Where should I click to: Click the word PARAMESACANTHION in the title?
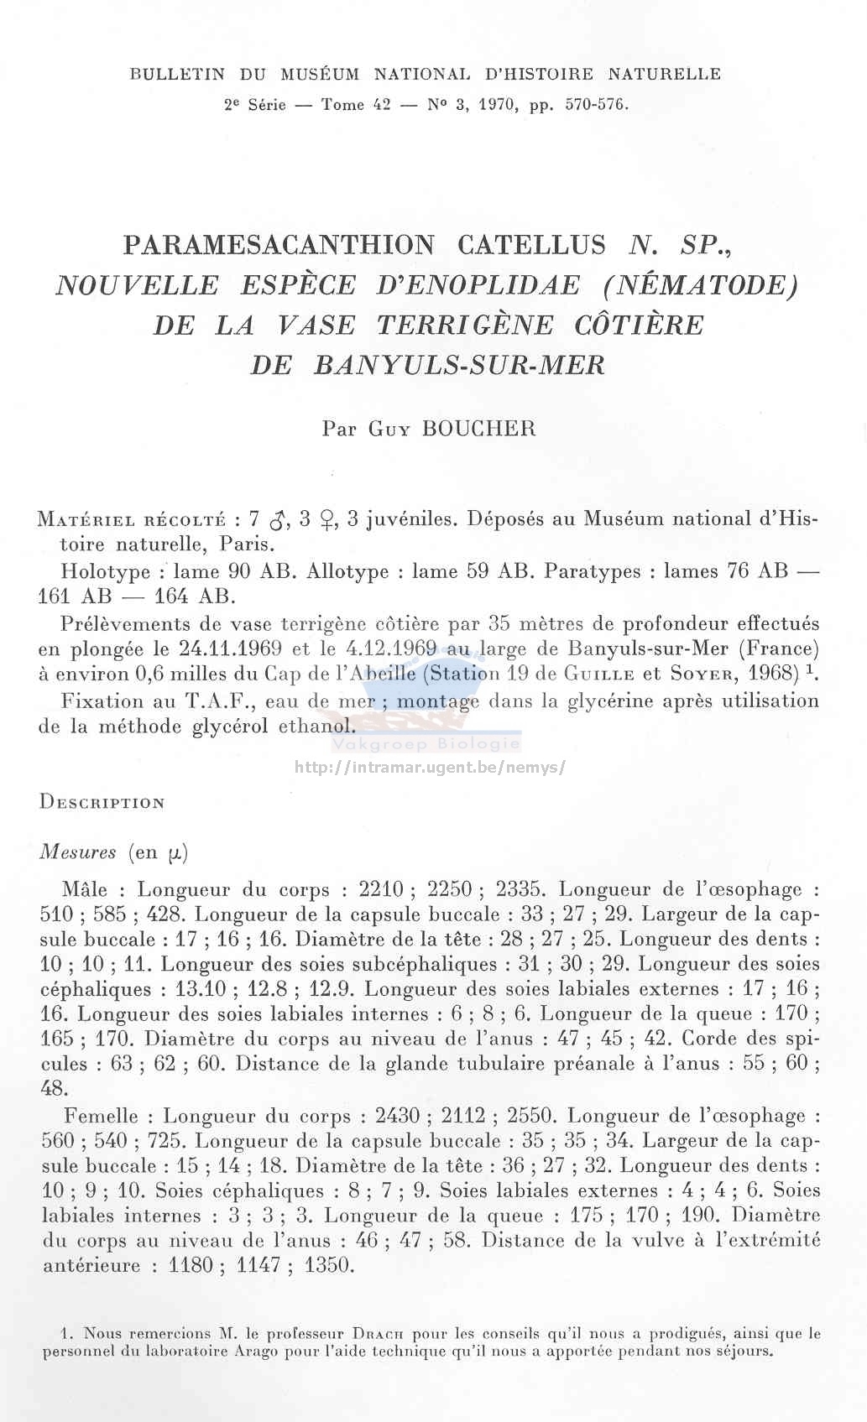point(279,245)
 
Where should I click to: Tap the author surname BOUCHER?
point(478,429)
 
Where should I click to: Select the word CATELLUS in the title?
point(531,245)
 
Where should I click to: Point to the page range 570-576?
point(596,105)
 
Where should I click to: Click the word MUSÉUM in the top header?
point(320,74)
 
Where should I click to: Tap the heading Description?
point(102,802)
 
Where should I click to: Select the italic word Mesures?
point(78,852)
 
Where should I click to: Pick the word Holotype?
point(105,572)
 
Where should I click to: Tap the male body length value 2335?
point(520,889)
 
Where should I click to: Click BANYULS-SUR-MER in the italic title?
point(459,366)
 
